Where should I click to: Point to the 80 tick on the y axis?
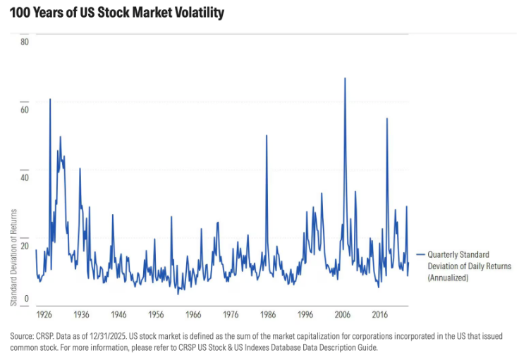pos(25,42)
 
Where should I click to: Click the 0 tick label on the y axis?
pos(27,299)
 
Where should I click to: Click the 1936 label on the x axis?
pos(81,314)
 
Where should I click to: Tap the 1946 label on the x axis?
pos(118,314)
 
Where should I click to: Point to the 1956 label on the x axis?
pos(156,314)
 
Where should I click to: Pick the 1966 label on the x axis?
pos(193,314)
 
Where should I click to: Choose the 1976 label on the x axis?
pos(231,314)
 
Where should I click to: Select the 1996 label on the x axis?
pos(305,314)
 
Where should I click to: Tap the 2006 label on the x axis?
pos(343,314)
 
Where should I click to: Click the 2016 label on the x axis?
pos(380,314)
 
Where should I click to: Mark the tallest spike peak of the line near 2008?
pos(345,78)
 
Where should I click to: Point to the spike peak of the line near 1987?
pos(267,135)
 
